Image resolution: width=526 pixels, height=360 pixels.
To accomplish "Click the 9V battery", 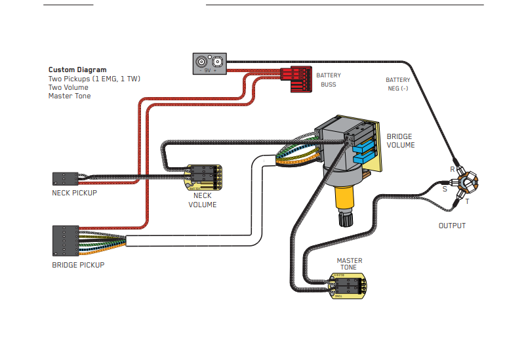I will pyautogui.click(x=209, y=64).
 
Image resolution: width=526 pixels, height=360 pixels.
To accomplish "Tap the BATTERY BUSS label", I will pyautogui.click(x=329, y=80).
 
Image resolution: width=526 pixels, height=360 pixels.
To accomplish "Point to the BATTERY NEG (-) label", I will pyautogui.click(x=398, y=84).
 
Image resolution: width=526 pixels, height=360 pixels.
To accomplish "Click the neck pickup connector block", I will pyautogui.click(x=65, y=178).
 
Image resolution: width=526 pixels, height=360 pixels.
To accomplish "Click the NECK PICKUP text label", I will pyautogui.click(x=74, y=193).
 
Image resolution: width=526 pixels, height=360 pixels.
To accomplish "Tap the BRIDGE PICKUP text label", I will pyautogui.click(x=78, y=266).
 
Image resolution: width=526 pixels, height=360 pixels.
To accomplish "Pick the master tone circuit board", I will pyautogui.click(x=348, y=286).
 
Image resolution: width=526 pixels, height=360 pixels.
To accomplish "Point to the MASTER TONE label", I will pyautogui.click(x=349, y=264).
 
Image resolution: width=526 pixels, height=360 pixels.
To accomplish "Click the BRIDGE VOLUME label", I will pyautogui.click(x=400, y=141).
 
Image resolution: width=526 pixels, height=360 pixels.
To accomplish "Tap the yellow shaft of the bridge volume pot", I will pyautogui.click(x=344, y=197).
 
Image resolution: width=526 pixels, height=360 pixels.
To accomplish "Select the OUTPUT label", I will pyautogui.click(x=452, y=226).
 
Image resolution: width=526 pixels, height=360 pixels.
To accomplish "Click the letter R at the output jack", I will pyautogui.click(x=453, y=169).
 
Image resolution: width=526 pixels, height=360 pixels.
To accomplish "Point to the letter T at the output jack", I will pyautogui.click(x=468, y=202).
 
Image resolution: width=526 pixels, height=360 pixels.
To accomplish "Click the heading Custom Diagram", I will pyautogui.click(x=77, y=70).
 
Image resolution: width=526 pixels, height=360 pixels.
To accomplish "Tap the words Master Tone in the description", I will pyautogui.click(x=70, y=96).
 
